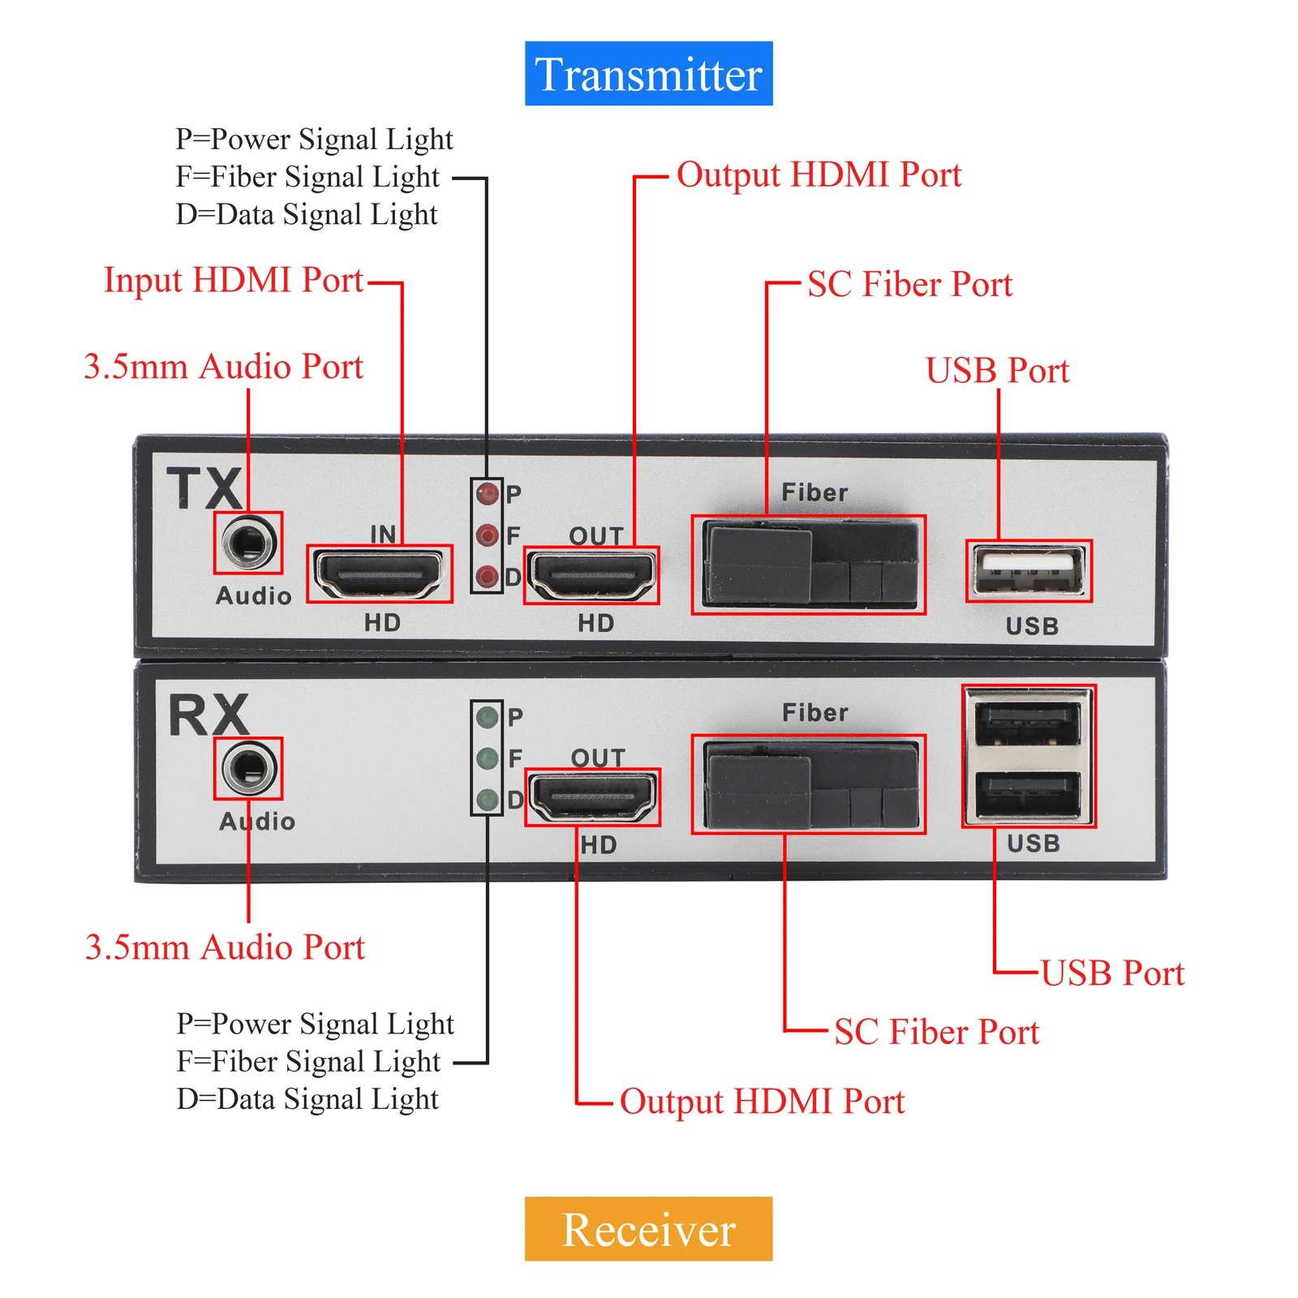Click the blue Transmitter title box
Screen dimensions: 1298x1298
[x=648, y=74]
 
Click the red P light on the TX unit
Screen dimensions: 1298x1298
[x=488, y=494]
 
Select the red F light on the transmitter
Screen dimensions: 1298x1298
[x=488, y=535]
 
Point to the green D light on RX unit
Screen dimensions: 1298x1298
[x=488, y=800]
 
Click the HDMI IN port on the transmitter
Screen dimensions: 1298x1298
[x=379, y=574]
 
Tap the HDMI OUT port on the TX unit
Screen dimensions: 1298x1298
[x=591, y=576]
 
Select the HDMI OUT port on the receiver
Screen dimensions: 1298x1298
[x=592, y=797]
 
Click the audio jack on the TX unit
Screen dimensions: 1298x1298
[x=248, y=542]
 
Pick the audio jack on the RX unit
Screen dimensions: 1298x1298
[x=248, y=768]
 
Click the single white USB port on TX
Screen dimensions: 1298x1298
[x=1029, y=571]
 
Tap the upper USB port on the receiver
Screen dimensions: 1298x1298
[x=1028, y=723]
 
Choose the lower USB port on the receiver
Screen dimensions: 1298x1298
[x=1028, y=793]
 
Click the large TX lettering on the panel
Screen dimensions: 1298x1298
[x=204, y=488]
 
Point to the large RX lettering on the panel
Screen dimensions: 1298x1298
[x=208, y=715]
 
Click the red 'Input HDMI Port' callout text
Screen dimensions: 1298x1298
[x=234, y=281]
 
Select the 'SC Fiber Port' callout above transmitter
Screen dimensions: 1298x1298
[x=909, y=285]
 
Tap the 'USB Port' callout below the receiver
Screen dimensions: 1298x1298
[x=1112, y=973]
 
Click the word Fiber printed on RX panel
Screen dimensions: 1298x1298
[x=814, y=713]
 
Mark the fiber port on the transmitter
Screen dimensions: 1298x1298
[x=808, y=565]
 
